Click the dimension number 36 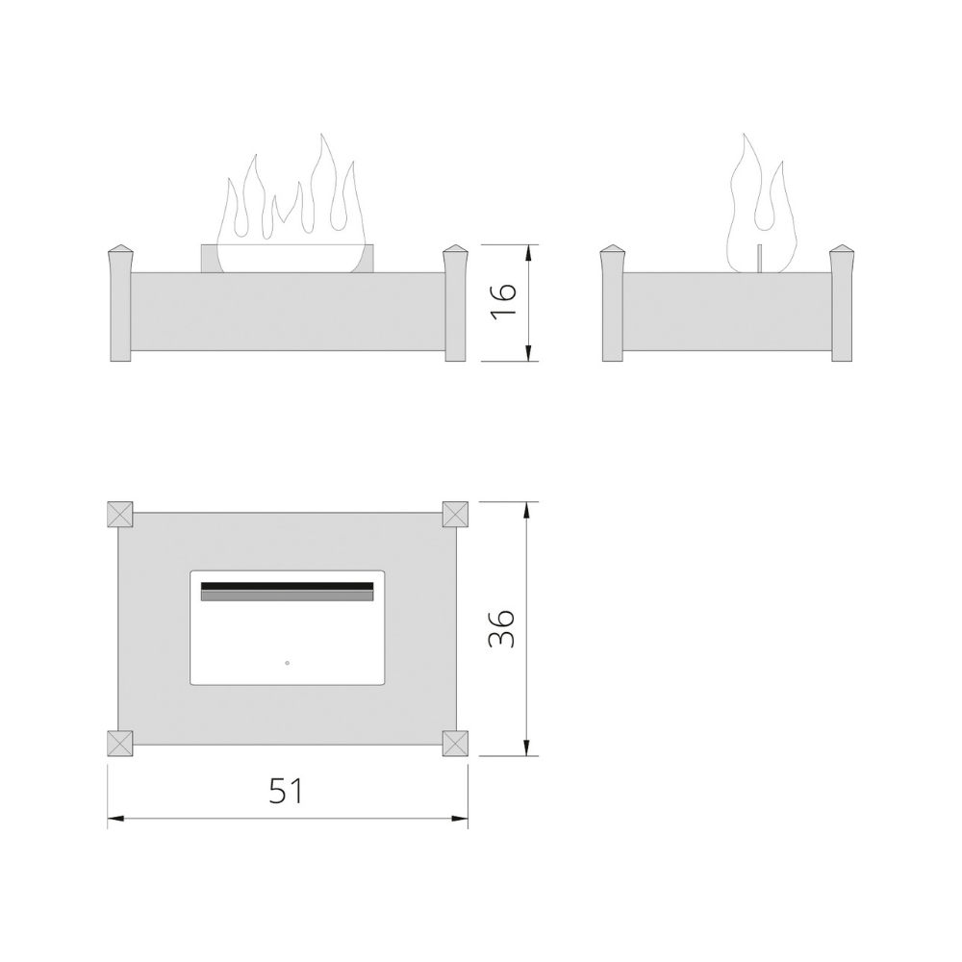pyautogui.click(x=501, y=629)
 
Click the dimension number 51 pyautogui.click(x=287, y=791)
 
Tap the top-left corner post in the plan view pyautogui.click(x=120, y=514)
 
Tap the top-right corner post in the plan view pyautogui.click(x=455, y=514)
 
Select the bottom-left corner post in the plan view pyautogui.click(x=120, y=744)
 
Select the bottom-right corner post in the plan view pyautogui.click(x=455, y=744)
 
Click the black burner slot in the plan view pyautogui.click(x=287, y=586)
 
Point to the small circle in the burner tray pyautogui.click(x=287, y=663)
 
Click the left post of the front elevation pyautogui.click(x=119, y=304)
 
